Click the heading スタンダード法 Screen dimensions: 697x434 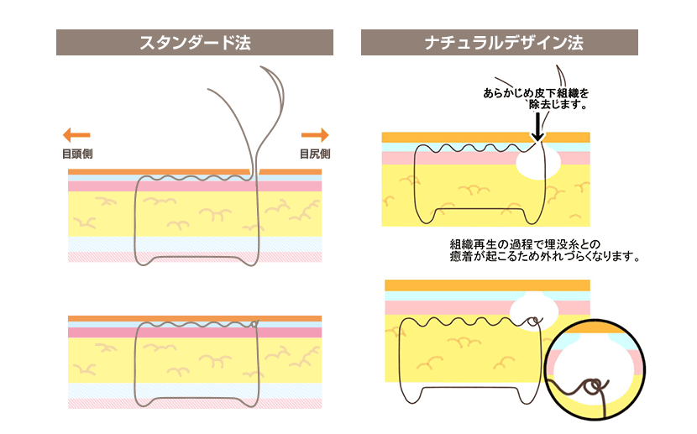pyautogui.click(x=195, y=43)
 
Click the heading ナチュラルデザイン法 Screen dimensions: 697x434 pyautogui.click(x=504, y=43)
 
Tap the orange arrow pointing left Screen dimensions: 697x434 pyautogui.click(x=76, y=134)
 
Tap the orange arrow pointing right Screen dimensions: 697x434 pyautogui.click(x=315, y=134)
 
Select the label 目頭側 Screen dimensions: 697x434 pyautogui.click(x=77, y=154)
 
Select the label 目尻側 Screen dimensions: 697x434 pyautogui.click(x=315, y=154)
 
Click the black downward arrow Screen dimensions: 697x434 pyautogui.click(x=537, y=127)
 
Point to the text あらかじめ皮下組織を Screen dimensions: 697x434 pyautogui.click(x=536, y=93)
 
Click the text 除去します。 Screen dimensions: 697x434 pyautogui.click(x=558, y=104)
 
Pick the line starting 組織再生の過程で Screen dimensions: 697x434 pyautogui.click(x=525, y=244)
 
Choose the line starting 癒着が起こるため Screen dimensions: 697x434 pyautogui.click(x=545, y=256)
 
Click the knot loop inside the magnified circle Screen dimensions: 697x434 pyautogui.click(x=593, y=387)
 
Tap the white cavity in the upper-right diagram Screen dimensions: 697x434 pyautogui.click(x=538, y=162)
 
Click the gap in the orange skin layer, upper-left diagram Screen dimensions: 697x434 pyautogui.click(x=254, y=171)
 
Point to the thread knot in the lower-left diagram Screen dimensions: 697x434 pyautogui.click(x=254, y=324)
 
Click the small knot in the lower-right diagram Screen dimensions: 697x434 pyautogui.click(x=535, y=321)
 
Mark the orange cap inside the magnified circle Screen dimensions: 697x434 pyautogui.click(x=595, y=328)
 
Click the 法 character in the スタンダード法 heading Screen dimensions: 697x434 pyautogui.click(x=243, y=43)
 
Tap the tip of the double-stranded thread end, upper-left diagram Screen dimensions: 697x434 pyautogui.click(x=261, y=67)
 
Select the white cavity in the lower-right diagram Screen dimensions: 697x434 pyautogui.click(x=533, y=311)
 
